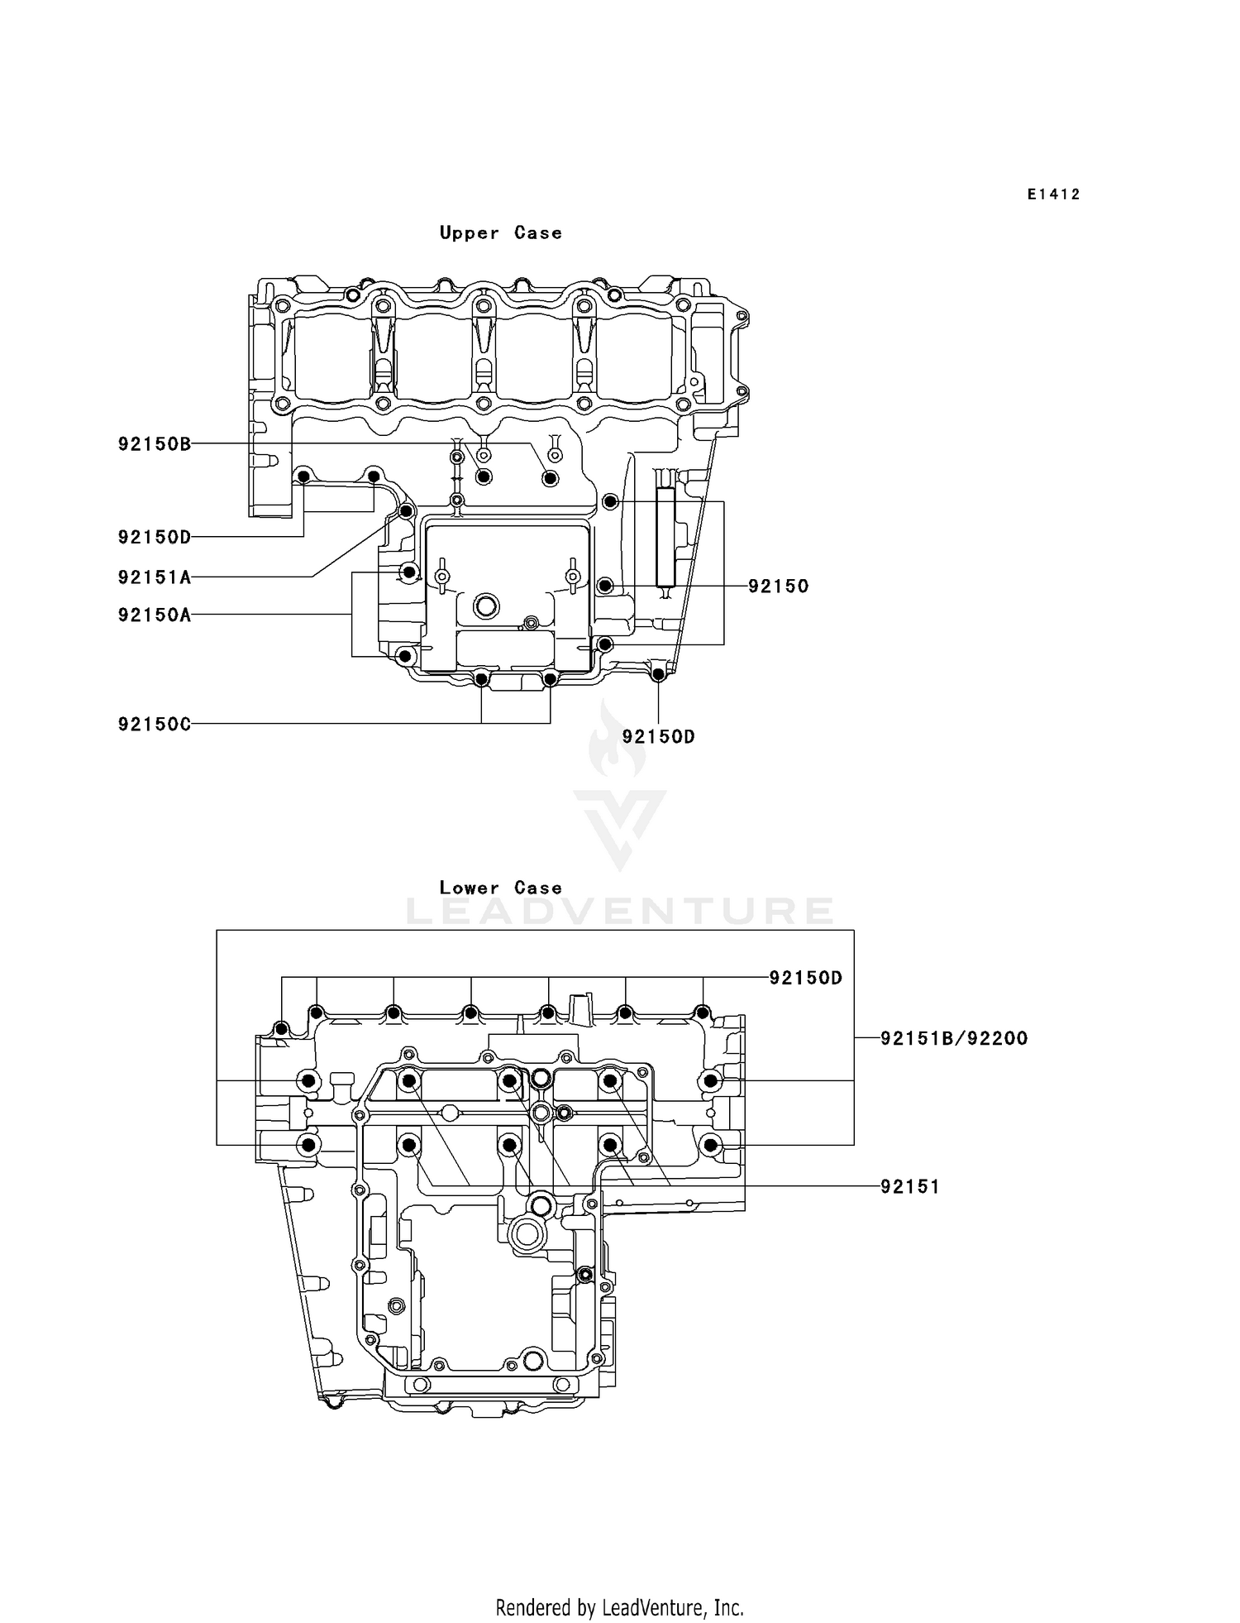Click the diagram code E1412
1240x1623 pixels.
(1053, 194)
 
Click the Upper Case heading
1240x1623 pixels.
(500, 233)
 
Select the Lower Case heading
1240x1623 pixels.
(500, 888)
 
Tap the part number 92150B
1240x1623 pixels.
(155, 444)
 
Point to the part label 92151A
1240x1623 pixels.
(155, 577)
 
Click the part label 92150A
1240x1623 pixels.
(155, 615)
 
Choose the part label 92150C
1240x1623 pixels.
(155, 725)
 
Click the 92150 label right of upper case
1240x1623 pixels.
(778, 586)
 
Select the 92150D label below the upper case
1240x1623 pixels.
(658, 737)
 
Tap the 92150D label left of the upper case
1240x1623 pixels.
(155, 538)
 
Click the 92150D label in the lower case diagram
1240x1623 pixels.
(805, 978)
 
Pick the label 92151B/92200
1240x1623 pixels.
(953, 1038)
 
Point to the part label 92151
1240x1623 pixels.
(909, 1187)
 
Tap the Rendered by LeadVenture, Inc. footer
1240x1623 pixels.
(619, 1607)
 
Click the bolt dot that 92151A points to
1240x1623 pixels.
(406, 511)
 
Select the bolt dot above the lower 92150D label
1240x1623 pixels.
(659, 675)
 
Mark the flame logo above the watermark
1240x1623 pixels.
(608, 740)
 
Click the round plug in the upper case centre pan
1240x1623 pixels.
(486, 606)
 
